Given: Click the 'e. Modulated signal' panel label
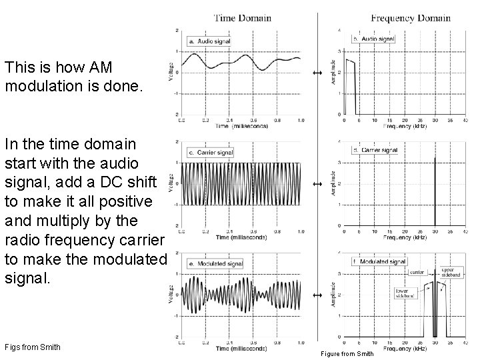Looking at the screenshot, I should click(215, 264).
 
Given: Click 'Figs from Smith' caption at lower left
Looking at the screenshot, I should click(32, 347).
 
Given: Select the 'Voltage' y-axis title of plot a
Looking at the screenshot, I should click(172, 71).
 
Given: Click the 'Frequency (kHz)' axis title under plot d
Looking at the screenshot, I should click(405, 237).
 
